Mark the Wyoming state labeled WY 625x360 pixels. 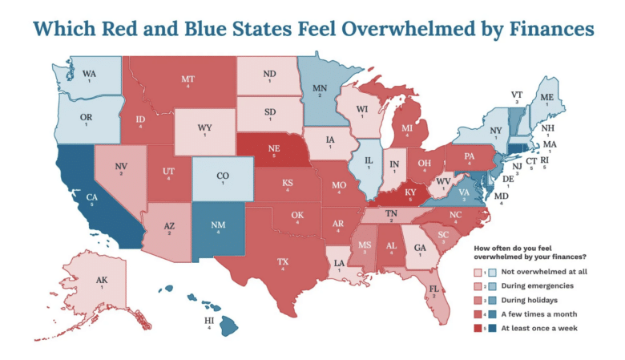205,127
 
